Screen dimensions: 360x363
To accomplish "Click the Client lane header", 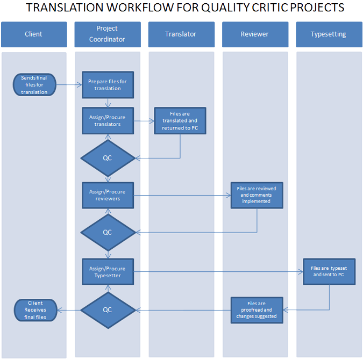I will [x=34, y=34].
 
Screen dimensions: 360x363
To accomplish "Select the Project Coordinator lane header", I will [x=108, y=34].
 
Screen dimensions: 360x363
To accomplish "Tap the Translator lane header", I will [x=181, y=34].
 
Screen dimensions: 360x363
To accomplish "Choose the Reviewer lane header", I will [x=255, y=34].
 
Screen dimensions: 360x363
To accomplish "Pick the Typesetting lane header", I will [x=329, y=34].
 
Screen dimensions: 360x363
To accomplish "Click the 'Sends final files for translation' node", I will [x=34, y=85].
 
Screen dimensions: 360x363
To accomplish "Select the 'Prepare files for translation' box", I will [x=108, y=85].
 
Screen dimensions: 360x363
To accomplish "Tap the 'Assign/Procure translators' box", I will [x=108, y=120].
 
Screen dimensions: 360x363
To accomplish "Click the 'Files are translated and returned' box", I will [x=180, y=120].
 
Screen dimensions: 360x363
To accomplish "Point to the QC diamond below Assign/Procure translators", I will [x=108, y=159].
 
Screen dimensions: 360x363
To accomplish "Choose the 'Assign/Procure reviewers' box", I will [x=108, y=195].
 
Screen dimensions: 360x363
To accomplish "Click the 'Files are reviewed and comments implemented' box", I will [x=257, y=195].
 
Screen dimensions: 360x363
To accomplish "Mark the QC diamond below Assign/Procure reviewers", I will [x=108, y=232].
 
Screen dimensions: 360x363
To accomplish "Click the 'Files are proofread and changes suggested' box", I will [x=257, y=309].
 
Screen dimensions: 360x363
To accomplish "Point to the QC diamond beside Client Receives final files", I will [x=108, y=310].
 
